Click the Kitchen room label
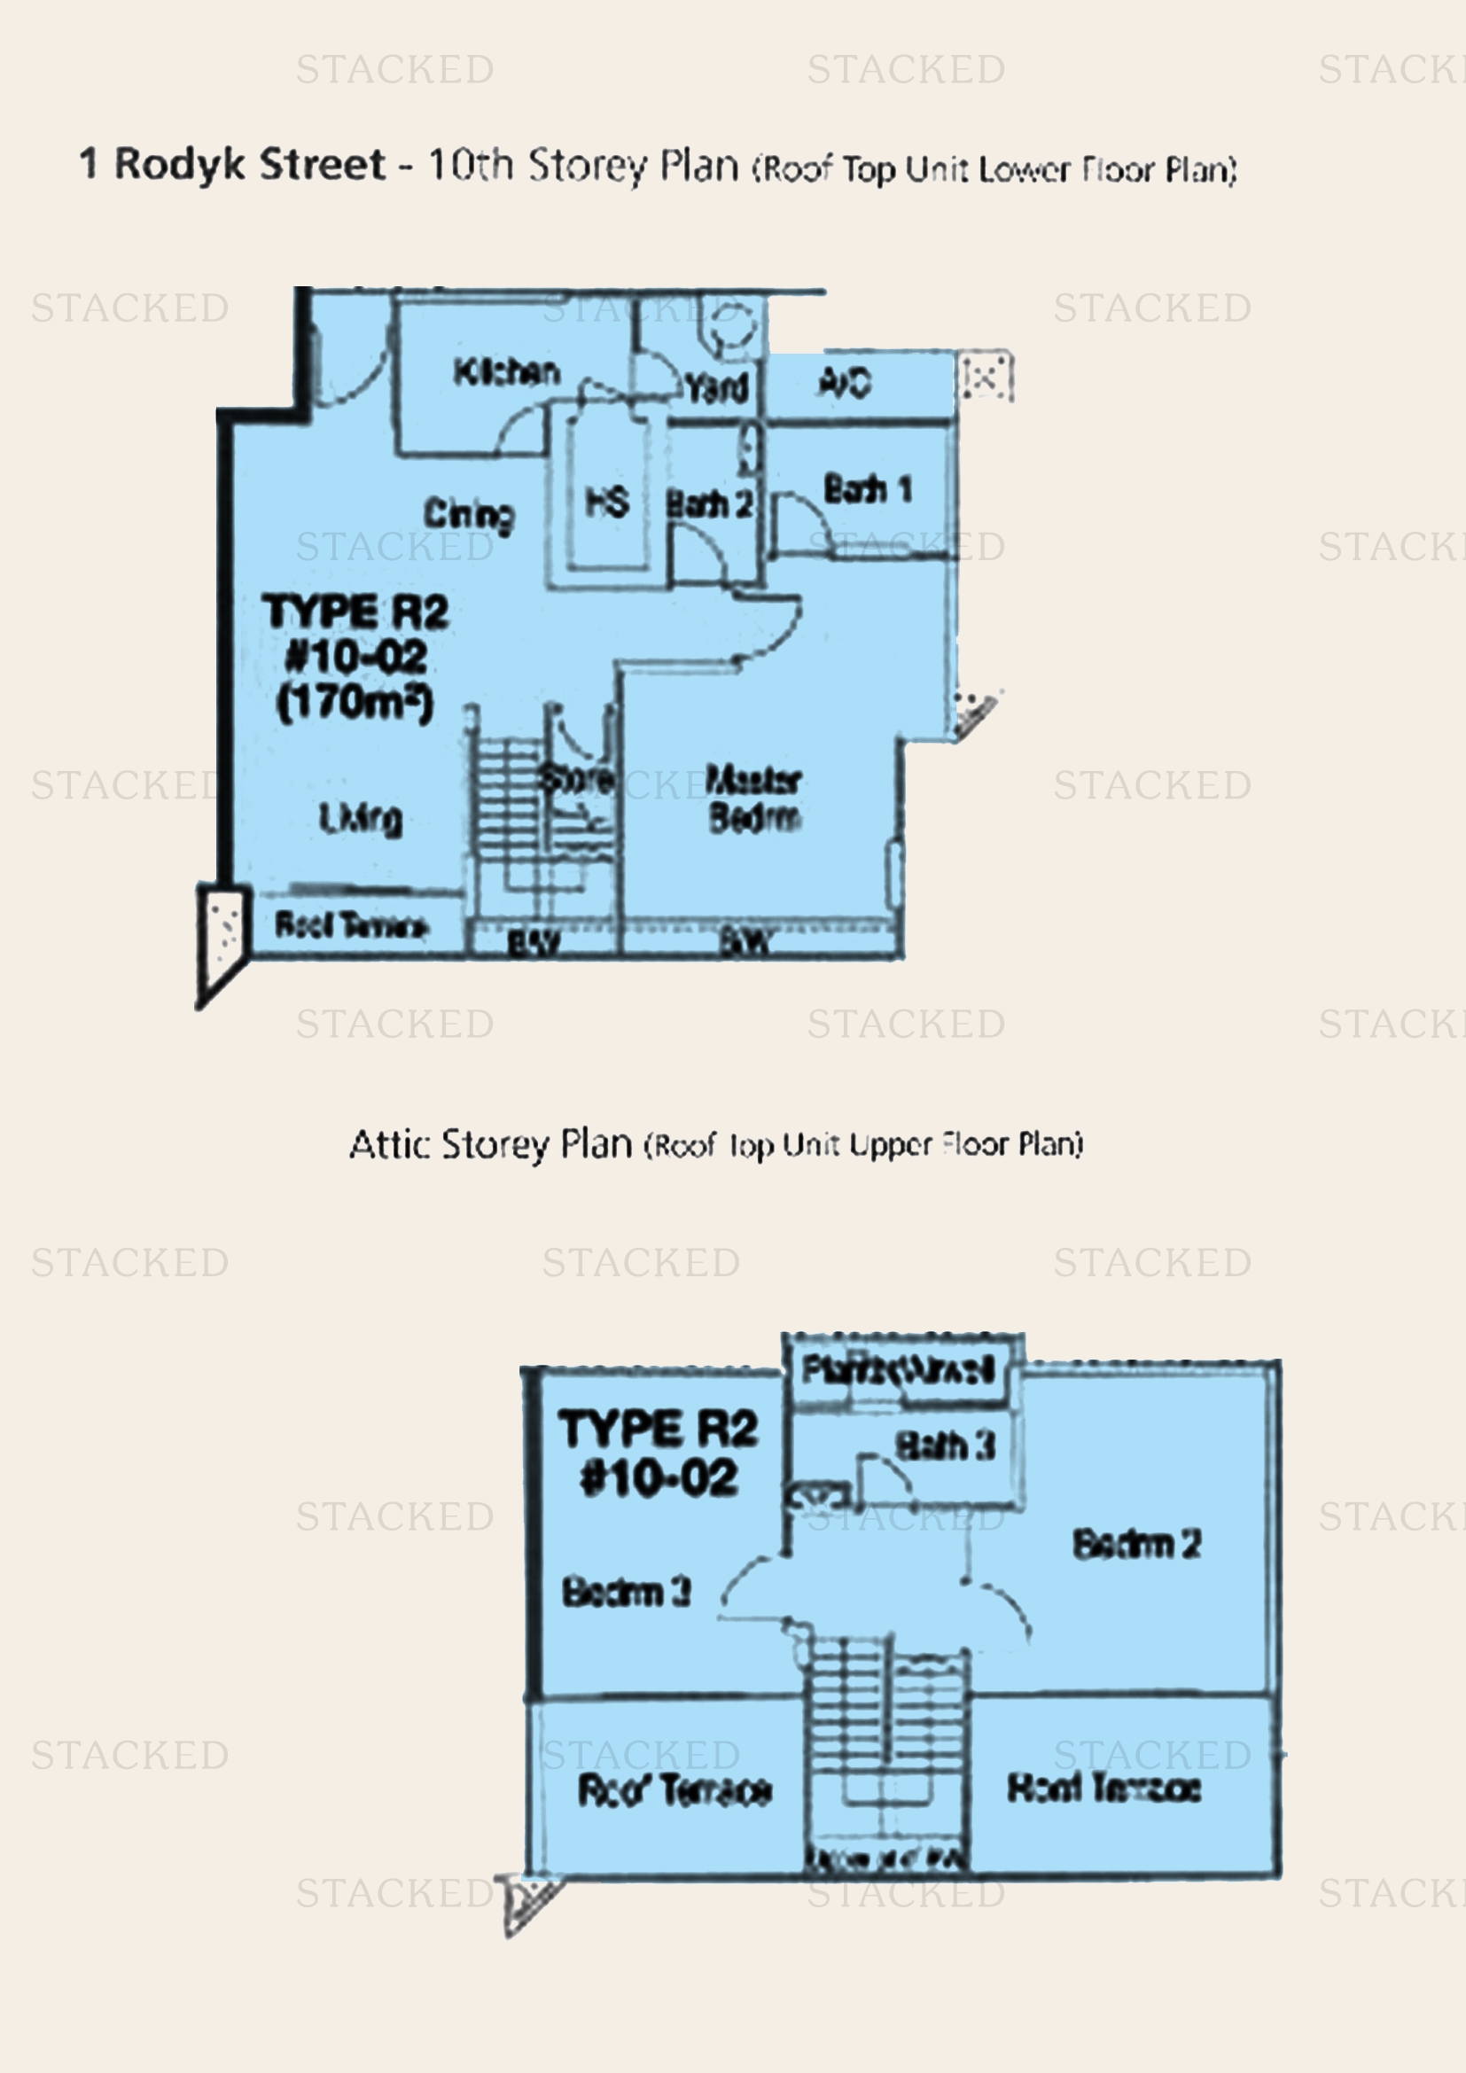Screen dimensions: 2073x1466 click(x=506, y=371)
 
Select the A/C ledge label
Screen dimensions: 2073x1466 click(x=845, y=383)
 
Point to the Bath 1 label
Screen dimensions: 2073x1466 click(x=868, y=489)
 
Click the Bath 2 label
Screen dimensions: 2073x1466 click(x=709, y=503)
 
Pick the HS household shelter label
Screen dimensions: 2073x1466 click(x=606, y=502)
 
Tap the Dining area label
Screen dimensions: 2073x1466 click(x=470, y=515)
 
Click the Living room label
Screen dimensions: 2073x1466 click(x=361, y=819)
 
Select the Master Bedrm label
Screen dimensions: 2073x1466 click(x=753, y=799)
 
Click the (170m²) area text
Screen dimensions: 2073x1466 click(x=355, y=703)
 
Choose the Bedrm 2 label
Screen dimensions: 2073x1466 click(x=1136, y=1544)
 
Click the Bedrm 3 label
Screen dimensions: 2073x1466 click(x=627, y=1591)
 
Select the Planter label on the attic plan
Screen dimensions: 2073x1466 click(x=899, y=1368)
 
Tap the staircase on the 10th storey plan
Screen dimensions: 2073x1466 click(x=510, y=813)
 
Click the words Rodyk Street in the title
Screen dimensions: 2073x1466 click(x=250, y=164)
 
